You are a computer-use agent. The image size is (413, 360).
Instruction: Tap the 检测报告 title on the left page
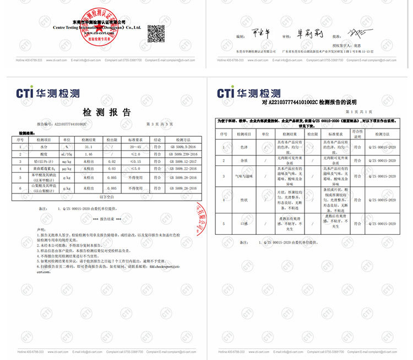(x=107, y=112)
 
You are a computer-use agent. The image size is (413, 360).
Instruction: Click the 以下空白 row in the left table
(x=107, y=196)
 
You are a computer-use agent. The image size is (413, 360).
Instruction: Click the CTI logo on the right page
(x=248, y=93)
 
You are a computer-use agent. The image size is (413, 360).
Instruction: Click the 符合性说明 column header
(x=357, y=134)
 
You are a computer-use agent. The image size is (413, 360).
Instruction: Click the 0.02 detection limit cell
(x=111, y=162)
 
